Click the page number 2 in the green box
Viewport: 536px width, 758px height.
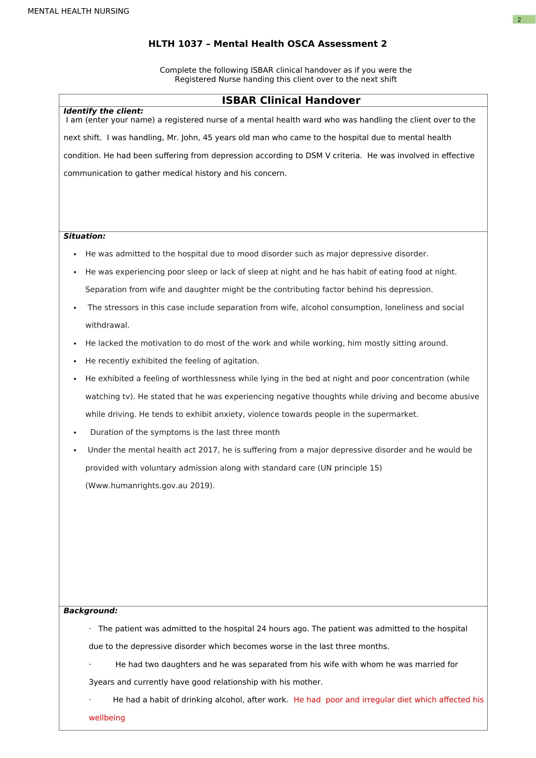coord(519,20)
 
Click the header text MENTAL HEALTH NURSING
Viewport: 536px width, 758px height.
coord(78,11)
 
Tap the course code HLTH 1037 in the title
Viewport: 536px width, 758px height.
coord(175,44)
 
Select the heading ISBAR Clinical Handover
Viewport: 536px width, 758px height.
coord(291,101)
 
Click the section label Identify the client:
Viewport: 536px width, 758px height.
coord(103,111)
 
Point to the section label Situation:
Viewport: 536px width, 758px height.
coord(84,236)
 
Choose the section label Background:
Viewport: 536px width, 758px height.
coord(90,611)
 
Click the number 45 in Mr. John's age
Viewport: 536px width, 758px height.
coord(207,138)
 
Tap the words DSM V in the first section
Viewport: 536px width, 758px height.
coord(317,156)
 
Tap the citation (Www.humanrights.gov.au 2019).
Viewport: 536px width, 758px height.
coord(150,486)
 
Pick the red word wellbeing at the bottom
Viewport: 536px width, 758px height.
coord(107,718)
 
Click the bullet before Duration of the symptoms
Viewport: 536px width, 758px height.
coord(75,433)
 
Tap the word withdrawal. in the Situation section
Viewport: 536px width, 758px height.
coord(107,325)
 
